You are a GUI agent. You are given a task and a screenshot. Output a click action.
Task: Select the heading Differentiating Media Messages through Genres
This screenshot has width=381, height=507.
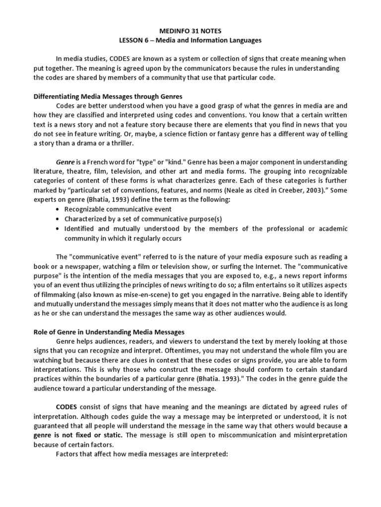pos(108,96)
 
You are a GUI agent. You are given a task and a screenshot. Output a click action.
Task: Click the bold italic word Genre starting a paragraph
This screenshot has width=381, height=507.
pos(65,162)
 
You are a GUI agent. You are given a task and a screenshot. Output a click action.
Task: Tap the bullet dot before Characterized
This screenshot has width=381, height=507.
pos(59,219)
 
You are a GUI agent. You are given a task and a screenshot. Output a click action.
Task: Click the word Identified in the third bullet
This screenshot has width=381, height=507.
pos(80,228)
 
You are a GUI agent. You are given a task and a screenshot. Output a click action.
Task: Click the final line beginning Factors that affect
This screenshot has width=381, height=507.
pos(141,454)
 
